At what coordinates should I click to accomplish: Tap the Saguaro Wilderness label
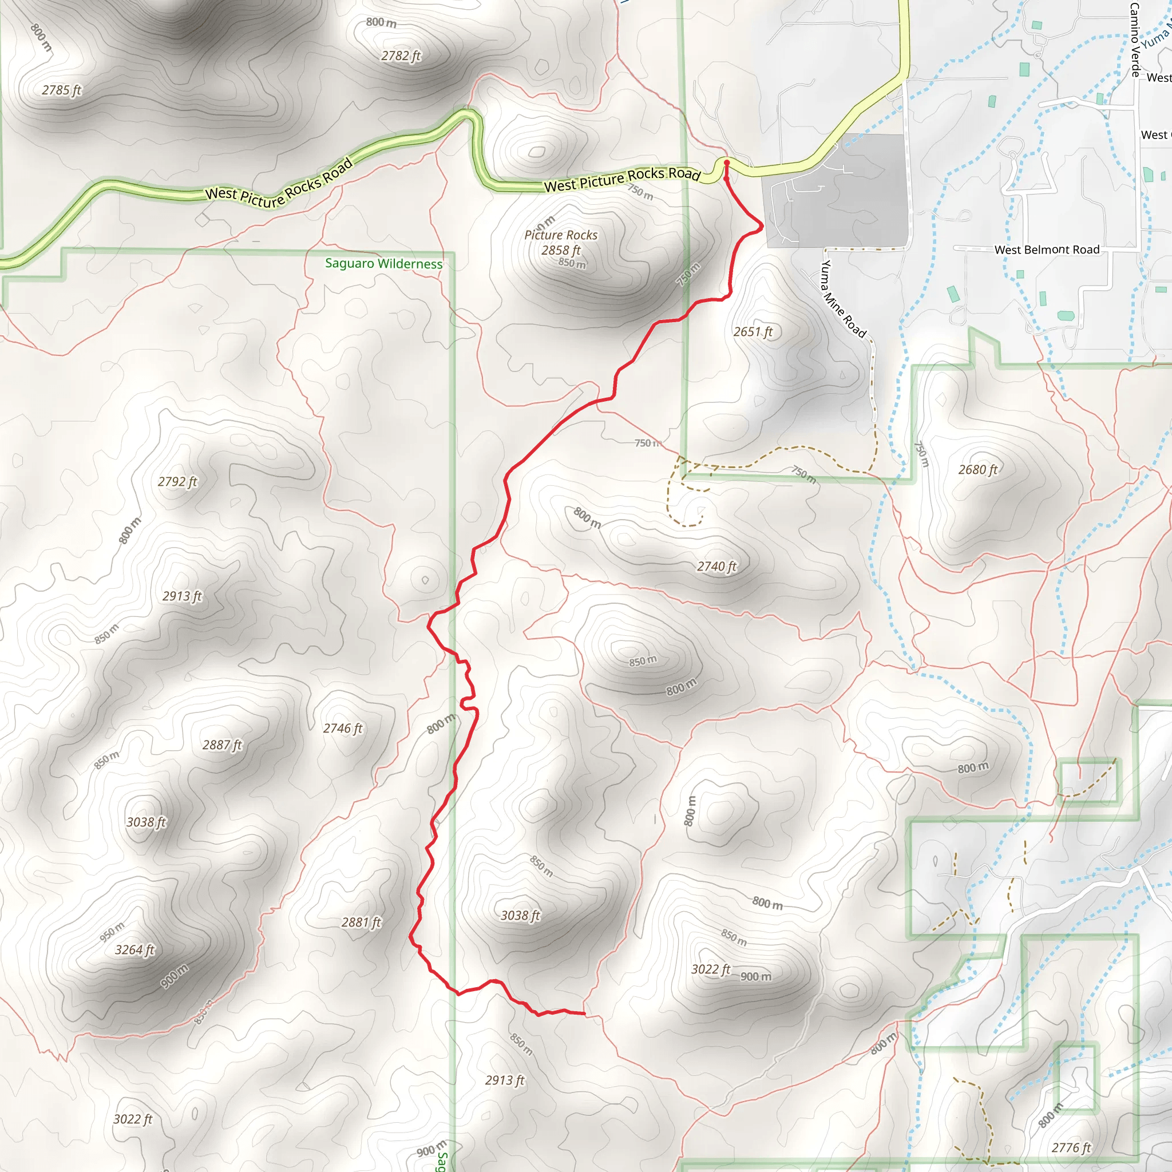(383, 263)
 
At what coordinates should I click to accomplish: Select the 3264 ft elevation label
(134, 949)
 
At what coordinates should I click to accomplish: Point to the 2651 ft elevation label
(753, 331)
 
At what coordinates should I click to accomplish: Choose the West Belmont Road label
(1047, 250)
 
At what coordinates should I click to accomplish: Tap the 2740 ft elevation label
(716, 566)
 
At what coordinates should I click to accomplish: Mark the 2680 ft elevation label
(977, 469)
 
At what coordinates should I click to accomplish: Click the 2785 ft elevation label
(61, 90)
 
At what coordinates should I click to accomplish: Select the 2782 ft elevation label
(401, 56)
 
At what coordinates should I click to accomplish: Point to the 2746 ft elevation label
(342, 728)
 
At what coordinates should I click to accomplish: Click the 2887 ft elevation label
(222, 745)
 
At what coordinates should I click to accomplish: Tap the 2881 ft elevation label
(361, 922)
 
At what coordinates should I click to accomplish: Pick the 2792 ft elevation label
(177, 481)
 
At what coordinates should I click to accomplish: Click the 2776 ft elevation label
(1071, 1147)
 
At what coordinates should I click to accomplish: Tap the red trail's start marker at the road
(726, 163)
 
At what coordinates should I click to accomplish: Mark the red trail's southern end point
(584, 1013)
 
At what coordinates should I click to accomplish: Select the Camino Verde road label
(1135, 39)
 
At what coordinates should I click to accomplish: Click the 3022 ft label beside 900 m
(710, 969)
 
